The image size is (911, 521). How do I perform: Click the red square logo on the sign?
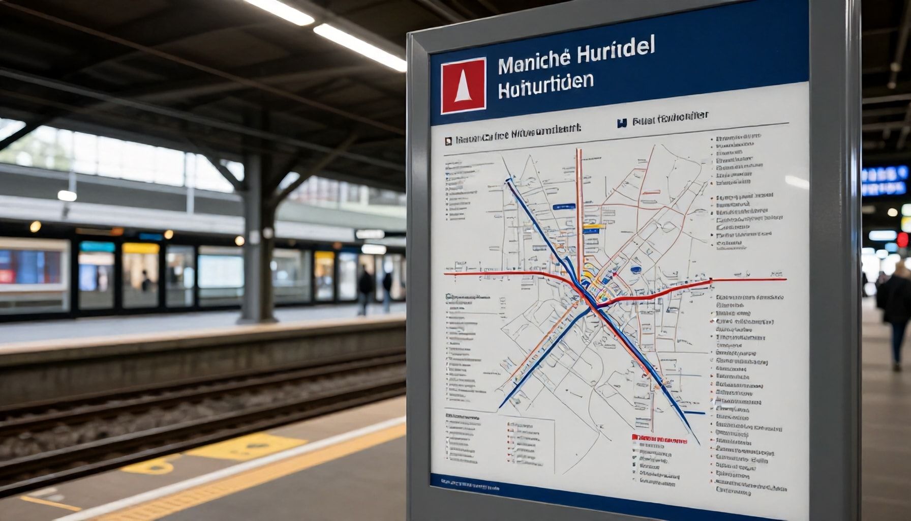463,85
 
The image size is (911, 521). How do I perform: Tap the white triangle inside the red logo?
462,86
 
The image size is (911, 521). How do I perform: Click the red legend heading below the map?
659,439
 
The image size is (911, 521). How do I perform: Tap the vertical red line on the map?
579,204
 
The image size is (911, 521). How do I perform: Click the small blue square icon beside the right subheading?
621,123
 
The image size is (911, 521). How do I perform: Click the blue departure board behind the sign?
884,181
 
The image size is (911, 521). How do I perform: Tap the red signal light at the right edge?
903,239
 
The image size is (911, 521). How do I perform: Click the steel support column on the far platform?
252,239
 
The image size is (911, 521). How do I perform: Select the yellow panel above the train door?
141,248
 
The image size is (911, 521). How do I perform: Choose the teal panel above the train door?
97,247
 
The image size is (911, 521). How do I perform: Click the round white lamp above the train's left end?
67,195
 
